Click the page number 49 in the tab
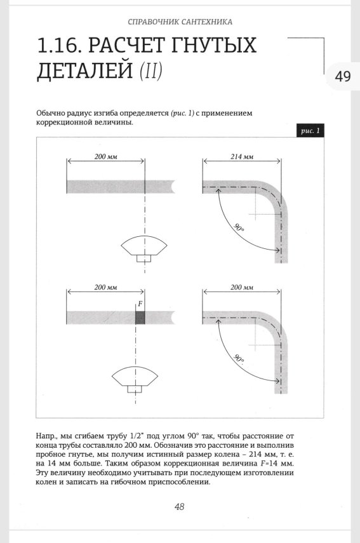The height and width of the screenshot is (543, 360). (342, 76)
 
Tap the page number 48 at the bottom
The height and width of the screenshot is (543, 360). (180, 506)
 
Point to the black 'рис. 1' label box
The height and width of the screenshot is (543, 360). (309, 131)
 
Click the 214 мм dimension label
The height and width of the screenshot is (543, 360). (241, 156)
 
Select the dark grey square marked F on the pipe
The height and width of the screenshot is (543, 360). (140, 317)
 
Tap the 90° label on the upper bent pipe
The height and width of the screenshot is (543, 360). (239, 229)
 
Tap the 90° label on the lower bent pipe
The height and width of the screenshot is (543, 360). (239, 360)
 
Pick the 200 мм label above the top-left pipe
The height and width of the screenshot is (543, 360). (106, 156)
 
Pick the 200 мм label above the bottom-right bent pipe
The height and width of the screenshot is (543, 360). (241, 288)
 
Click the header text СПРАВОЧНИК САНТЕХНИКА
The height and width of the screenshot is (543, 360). (180, 22)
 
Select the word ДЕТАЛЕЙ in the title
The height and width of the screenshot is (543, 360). (83, 71)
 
